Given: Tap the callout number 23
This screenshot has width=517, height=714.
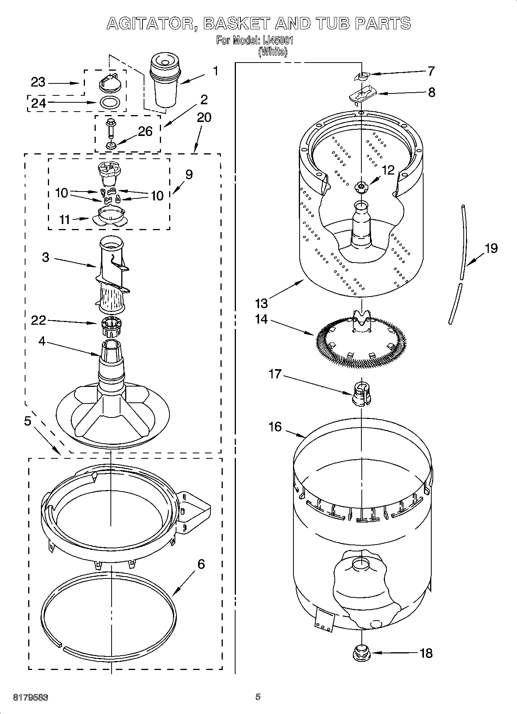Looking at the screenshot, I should click(x=38, y=82).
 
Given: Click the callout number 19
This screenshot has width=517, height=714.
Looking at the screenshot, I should click(x=491, y=248).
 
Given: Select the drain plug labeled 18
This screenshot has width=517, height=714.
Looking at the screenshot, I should click(x=361, y=653).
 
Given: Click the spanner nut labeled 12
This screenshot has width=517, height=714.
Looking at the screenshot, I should click(x=361, y=187).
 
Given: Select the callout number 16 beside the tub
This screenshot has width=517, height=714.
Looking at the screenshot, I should click(x=275, y=427).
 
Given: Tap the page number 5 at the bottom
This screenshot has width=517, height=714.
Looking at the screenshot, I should click(x=258, y=697).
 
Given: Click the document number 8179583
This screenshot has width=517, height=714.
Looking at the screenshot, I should click(x=31, y=697).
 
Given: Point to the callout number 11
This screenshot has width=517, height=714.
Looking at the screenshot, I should click(x=64, y=219).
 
